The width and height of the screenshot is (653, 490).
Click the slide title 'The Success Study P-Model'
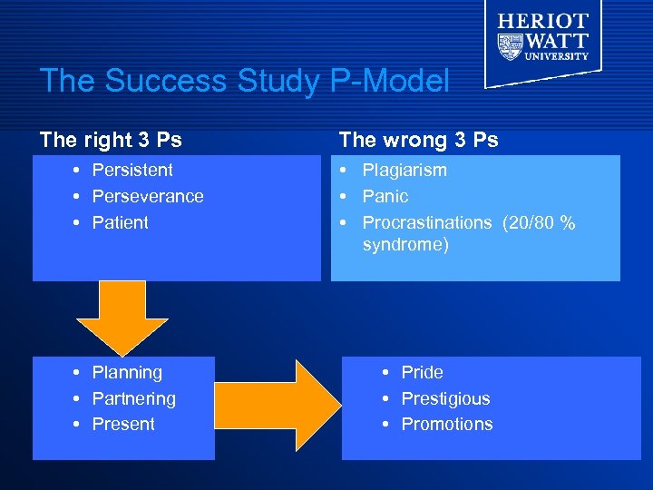coord(244,82)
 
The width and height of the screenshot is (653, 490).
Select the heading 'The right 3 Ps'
coord(111,140)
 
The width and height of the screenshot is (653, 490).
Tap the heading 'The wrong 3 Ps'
coord(418,140)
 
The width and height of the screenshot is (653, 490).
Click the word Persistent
coord(132,170)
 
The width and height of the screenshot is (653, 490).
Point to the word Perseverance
coord(148,196)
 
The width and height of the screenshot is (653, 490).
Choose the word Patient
coord(120,222)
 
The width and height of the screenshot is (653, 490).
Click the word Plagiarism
coord(404,170)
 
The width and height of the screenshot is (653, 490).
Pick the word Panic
coord(385,196)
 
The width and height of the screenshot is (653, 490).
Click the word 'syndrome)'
coord(405,245)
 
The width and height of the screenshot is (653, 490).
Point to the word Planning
coord(127,372)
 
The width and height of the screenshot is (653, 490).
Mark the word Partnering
coord(134,398)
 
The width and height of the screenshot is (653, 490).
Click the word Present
coord(123,424)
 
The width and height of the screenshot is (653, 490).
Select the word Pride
coord(422,372)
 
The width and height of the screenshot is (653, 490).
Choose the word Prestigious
coord(445,398)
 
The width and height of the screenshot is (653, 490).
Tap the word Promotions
coord(447,424)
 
